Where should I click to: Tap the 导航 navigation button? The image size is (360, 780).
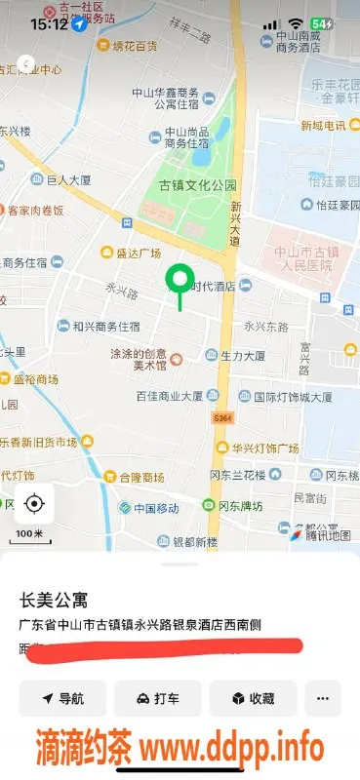tap(61, 698)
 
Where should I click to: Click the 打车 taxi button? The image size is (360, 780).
tap(157, 698)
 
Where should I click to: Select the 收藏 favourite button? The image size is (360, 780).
tap(253, 698)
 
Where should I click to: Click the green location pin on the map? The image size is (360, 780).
tap(179, 282)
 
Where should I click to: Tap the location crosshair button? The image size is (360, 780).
tap(34, 503)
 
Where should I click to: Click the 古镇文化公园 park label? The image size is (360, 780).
tap(198, 185)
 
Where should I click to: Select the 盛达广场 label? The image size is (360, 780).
tap(138, 253)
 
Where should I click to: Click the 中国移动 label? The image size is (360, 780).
tap(156, 508)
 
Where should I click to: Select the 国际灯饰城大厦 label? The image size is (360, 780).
tap(292, 397)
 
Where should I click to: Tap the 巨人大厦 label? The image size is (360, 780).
tap(67, 180)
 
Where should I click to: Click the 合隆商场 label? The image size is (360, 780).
tap(140, 478)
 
